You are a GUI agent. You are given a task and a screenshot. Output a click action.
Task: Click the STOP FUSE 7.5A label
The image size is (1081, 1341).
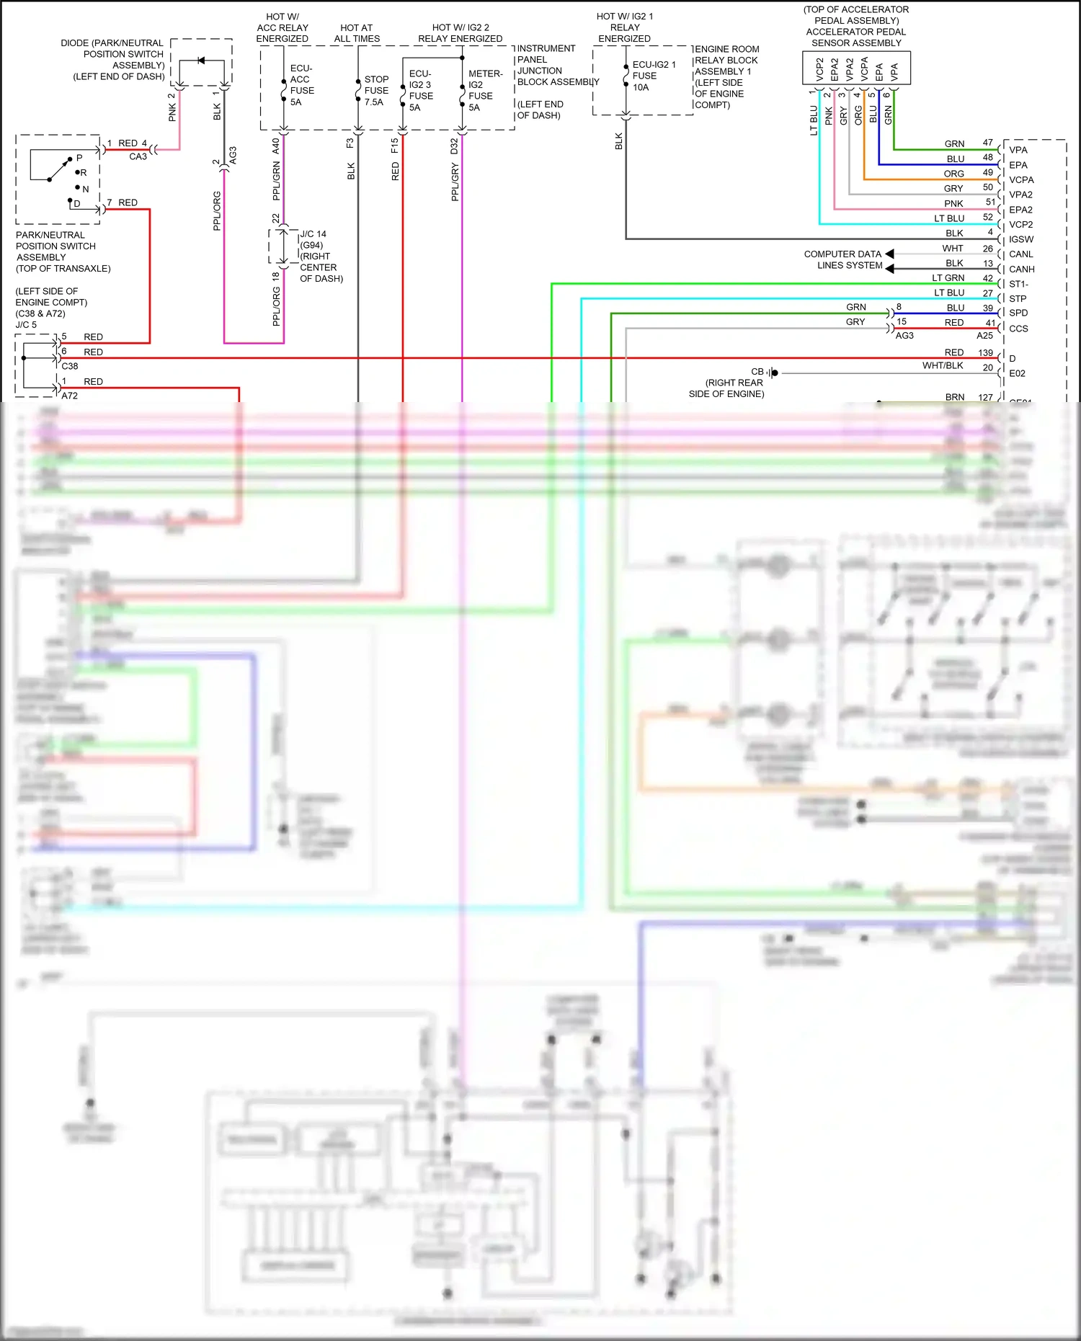tap(376, 90)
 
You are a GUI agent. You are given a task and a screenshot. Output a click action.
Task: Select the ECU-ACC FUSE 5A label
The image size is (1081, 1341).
tap(301, 85)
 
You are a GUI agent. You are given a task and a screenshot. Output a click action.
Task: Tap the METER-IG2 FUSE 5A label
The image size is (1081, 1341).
tap(484, 90)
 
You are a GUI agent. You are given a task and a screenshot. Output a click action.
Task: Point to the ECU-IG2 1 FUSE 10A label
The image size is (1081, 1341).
tap(653, 76)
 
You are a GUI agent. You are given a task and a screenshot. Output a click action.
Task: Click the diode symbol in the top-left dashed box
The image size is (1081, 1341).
tap(201, 61)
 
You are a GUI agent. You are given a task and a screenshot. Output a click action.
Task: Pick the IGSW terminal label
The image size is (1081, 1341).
tap(1020, 239)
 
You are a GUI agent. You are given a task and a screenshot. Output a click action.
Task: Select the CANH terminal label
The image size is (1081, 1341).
tap(1021, 269)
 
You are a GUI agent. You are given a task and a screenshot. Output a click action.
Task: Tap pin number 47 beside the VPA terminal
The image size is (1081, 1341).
tap(987, 143)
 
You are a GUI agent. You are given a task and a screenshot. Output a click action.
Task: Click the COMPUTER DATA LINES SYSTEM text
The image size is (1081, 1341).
tap(842, 259)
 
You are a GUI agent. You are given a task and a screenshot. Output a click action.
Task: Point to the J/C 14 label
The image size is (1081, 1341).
tap(313, 234)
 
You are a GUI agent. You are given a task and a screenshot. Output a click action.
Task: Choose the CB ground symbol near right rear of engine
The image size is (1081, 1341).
tap(773, 373)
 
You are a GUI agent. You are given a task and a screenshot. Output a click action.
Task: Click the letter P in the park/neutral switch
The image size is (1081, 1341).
tap(79, 158)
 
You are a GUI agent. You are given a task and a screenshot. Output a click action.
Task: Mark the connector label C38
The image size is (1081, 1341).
tap(70, 366)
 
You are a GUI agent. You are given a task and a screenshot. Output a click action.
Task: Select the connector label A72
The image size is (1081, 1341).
tap(70, 396)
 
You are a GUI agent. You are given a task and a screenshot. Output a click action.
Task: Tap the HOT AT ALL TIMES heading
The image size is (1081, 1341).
tap(357, 33)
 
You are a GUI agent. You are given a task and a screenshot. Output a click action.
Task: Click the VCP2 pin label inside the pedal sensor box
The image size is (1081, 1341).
tap(819, 69)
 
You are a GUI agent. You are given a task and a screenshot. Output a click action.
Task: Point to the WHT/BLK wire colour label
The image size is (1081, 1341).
tap(943, 365)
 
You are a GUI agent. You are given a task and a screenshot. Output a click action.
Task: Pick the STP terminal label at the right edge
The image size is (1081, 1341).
tap(1018, 298)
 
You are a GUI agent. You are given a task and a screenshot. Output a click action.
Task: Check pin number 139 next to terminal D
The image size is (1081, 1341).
tap(985, 352)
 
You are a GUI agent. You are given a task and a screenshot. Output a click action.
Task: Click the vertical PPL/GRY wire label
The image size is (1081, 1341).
tap(455, 182)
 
